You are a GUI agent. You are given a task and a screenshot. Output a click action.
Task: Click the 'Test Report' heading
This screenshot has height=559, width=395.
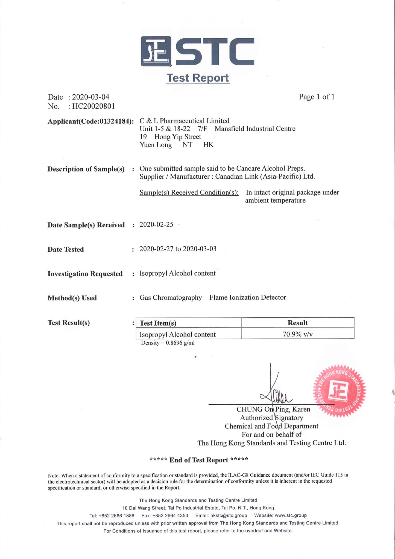[x=197, y=78]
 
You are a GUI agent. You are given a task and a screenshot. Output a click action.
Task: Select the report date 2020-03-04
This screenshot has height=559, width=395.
[x=90, y=97]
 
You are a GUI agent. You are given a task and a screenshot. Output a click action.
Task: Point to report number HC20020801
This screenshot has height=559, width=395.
[x=93, y=106]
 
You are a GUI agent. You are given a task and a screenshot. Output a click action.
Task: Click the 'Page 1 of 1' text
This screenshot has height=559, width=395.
[x=317, y=97]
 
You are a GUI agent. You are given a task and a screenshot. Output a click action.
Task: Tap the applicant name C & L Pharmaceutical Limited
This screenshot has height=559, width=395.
[x=184, y=121]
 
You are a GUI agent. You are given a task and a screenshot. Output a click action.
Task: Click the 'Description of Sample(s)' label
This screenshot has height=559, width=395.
[x=86, y=169]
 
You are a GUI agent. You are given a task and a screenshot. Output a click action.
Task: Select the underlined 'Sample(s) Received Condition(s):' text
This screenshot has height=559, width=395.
[x=189, y=192]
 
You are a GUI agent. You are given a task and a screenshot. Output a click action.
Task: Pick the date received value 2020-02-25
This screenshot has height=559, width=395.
[x=156, y=225]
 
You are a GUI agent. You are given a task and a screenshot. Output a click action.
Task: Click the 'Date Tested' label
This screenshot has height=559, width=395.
[x=66, y=249]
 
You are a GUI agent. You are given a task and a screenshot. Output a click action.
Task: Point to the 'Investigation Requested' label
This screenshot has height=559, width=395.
[x=85, y=274]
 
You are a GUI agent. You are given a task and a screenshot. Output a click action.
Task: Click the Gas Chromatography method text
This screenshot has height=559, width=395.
[x=213, y=297]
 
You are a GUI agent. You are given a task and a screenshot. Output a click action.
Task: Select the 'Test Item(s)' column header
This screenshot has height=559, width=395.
[x=158, y=323]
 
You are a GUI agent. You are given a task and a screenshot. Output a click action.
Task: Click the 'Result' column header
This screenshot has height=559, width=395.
[x=297, y=323]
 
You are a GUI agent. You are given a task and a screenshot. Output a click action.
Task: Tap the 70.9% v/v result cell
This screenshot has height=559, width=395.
[x=297, y=334]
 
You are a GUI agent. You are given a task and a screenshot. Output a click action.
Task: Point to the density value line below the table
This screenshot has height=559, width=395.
[x=168, y=343]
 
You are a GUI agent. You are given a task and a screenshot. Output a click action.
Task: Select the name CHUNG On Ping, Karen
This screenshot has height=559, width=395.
[x=273, y=409]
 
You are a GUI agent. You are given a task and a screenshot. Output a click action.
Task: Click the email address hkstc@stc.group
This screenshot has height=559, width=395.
[x=229, y=515]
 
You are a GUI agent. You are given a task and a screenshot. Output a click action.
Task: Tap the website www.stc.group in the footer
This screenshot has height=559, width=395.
[x=291, y=515]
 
